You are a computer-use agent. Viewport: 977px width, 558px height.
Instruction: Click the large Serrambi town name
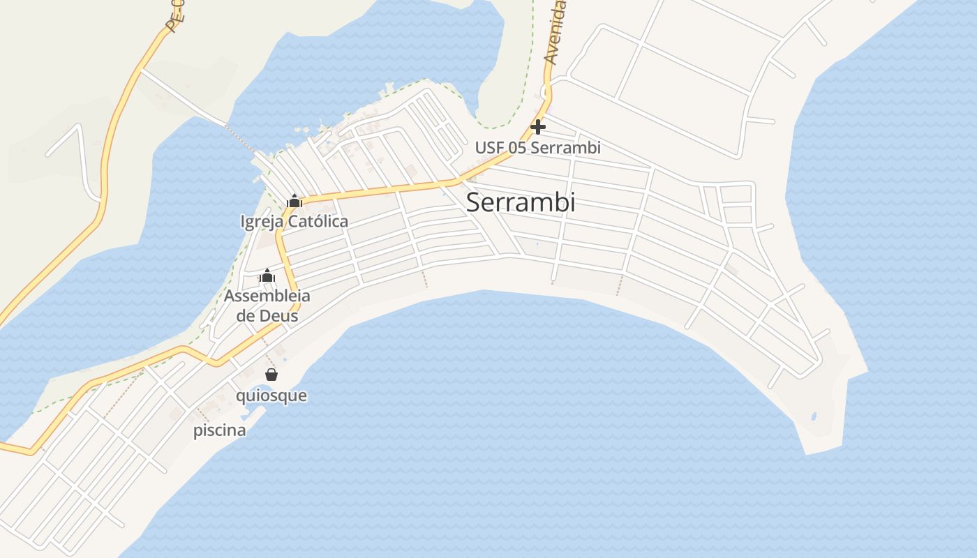[x=521, y=202]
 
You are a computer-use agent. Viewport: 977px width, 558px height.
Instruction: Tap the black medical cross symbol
[x=538, y=127]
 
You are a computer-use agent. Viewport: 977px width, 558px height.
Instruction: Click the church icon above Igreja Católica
[x=294, y=202]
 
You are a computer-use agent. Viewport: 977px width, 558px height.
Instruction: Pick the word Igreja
[x=261, y=222]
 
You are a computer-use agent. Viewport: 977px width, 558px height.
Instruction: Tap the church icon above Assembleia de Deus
[x=267, y=276]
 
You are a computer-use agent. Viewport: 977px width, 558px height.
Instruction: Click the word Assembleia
[x=267, y=296]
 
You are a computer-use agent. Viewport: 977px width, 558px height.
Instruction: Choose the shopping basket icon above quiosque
[x=271, y=375]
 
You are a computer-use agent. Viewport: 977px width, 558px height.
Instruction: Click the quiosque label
[x=271, y=395]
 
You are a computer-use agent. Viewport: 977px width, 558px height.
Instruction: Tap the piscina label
[x=220, y=430]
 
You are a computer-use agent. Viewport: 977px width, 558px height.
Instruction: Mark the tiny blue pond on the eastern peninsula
[x=814, y=417]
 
